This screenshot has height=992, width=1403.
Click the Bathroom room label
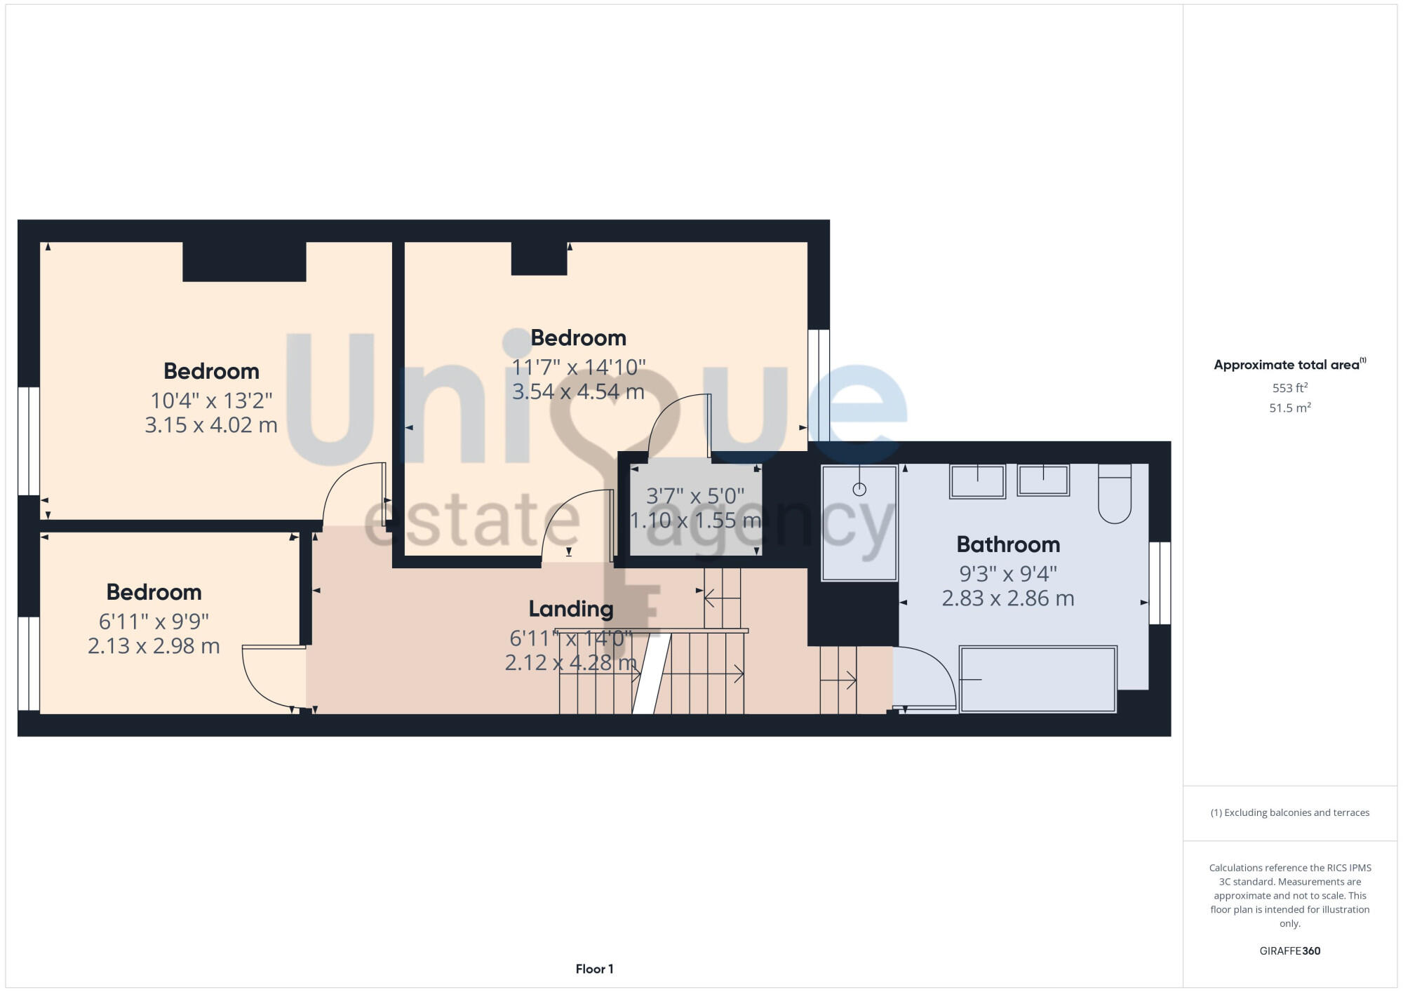(1008, 544)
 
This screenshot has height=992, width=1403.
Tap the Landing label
(570, 609)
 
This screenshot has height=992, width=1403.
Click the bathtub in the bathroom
(1038, 679)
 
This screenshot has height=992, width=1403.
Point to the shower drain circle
(859, 489)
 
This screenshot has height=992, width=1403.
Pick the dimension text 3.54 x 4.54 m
(578, 391)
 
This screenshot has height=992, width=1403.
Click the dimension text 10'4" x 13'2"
(211, 401)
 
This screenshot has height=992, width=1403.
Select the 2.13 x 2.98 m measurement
(154, 645)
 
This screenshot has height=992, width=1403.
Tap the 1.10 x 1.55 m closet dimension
(694, 521)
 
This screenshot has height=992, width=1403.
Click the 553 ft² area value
(1289, 388)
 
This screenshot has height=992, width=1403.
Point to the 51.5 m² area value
(1289, 408)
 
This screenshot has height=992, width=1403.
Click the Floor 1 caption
(594, 969)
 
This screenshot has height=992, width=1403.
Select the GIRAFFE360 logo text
(1289, 951)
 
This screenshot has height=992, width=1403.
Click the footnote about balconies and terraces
(1289, 812)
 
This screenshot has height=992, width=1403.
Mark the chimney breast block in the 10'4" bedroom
(244, 262)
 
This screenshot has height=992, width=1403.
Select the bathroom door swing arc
(926, 677)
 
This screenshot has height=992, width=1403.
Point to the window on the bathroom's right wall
(1160, 582)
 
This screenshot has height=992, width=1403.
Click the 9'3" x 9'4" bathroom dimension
(1008, 574)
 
